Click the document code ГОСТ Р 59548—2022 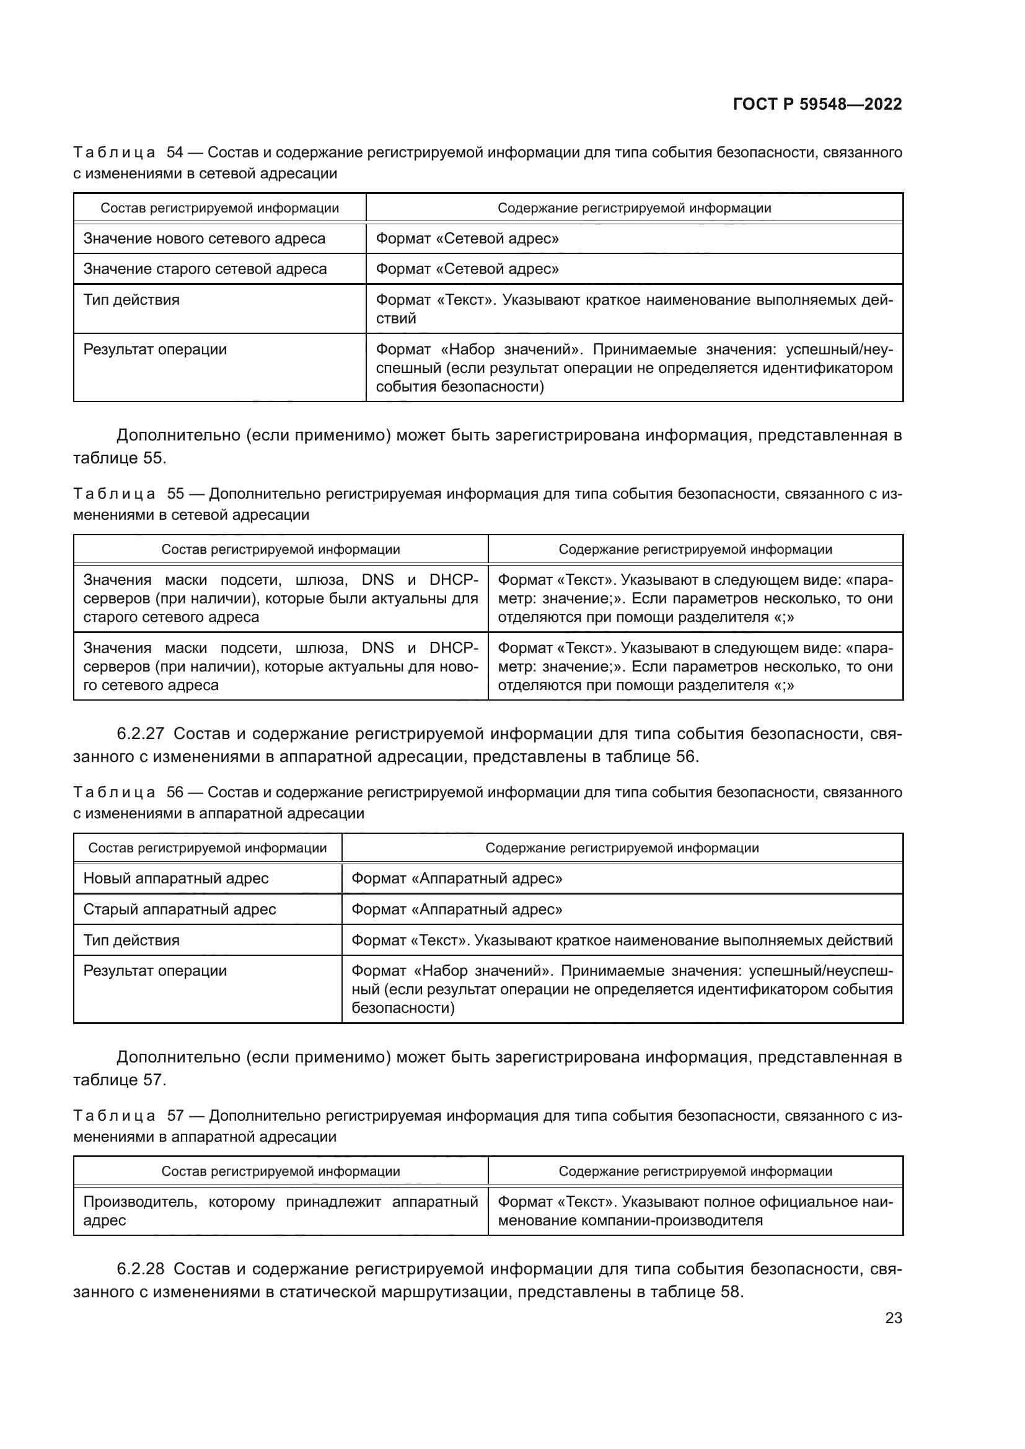click(x=817, y=104)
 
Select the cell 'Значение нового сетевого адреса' click(x=204, y=239)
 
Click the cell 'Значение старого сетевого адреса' click(x=205, y=269)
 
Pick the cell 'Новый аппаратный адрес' click(x=175, y=878)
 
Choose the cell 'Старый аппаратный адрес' click(x=179, y=909)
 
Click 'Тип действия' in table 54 click(x=131, y=300)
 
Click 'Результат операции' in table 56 click(x=155, y=970)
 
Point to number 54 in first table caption click(x=175, y=153)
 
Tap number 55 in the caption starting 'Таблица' click(x=175, y=494)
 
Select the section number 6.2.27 click(x=140, y=733)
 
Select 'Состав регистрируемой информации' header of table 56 click(x=207, y=847)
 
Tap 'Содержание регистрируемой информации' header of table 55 click(x=695, y=549)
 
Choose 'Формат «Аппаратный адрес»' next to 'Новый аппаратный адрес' click(x=456, y=878)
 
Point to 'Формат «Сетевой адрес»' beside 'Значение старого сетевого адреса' click(x=467, y=269)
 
